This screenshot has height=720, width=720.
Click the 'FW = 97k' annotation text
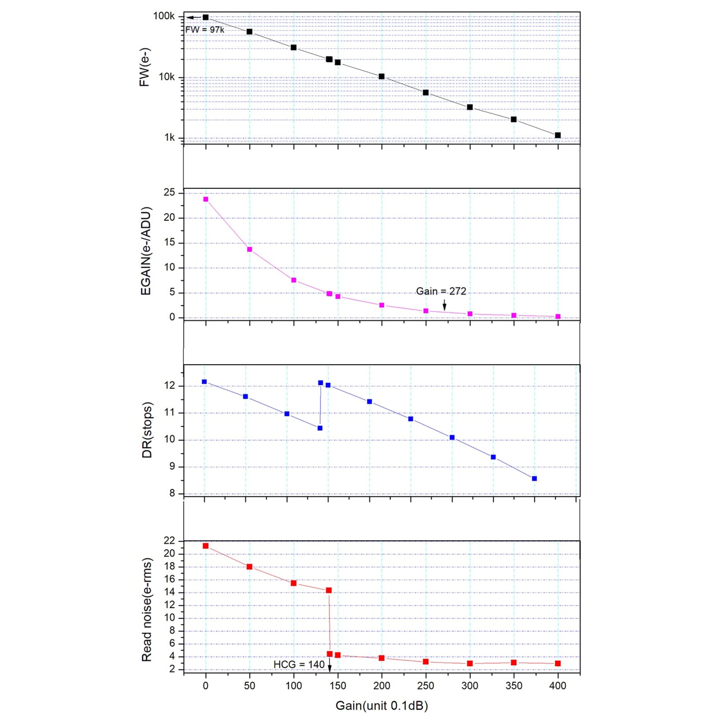tap(205, 30)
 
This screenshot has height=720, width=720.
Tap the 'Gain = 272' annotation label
tap(441, 292)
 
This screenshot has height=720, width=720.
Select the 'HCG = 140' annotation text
tap(299, 664)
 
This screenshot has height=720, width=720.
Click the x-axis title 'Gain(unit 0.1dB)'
tap(382, 706)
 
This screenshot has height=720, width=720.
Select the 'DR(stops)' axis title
tap(147, 430)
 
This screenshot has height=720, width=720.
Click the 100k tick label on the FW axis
tap(164, 17)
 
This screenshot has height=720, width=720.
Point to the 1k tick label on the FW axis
tap(169, 138)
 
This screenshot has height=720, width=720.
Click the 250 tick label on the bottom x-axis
tap(426, 685)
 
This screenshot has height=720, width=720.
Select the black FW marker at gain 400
tap(558, 135)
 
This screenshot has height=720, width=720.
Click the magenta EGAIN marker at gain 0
tap(206, 199)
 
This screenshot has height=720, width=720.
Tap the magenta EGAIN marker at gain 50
tap(250, 249)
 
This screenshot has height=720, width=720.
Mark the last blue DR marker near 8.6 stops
tap(534, 478)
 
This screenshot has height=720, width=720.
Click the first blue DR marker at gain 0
tap(204, 382)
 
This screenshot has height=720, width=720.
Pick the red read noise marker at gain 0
tap(205, 546)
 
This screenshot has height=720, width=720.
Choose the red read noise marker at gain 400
tap(558, 663)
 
